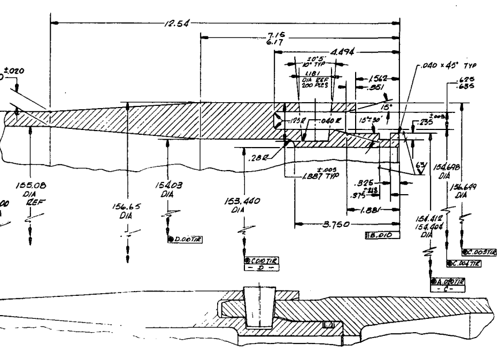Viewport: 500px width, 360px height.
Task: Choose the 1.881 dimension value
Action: [x=372, y=210]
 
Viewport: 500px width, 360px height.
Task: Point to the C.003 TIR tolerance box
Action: [x=478, y=251]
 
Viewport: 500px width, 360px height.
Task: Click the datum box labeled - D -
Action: [x=262, y=267]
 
